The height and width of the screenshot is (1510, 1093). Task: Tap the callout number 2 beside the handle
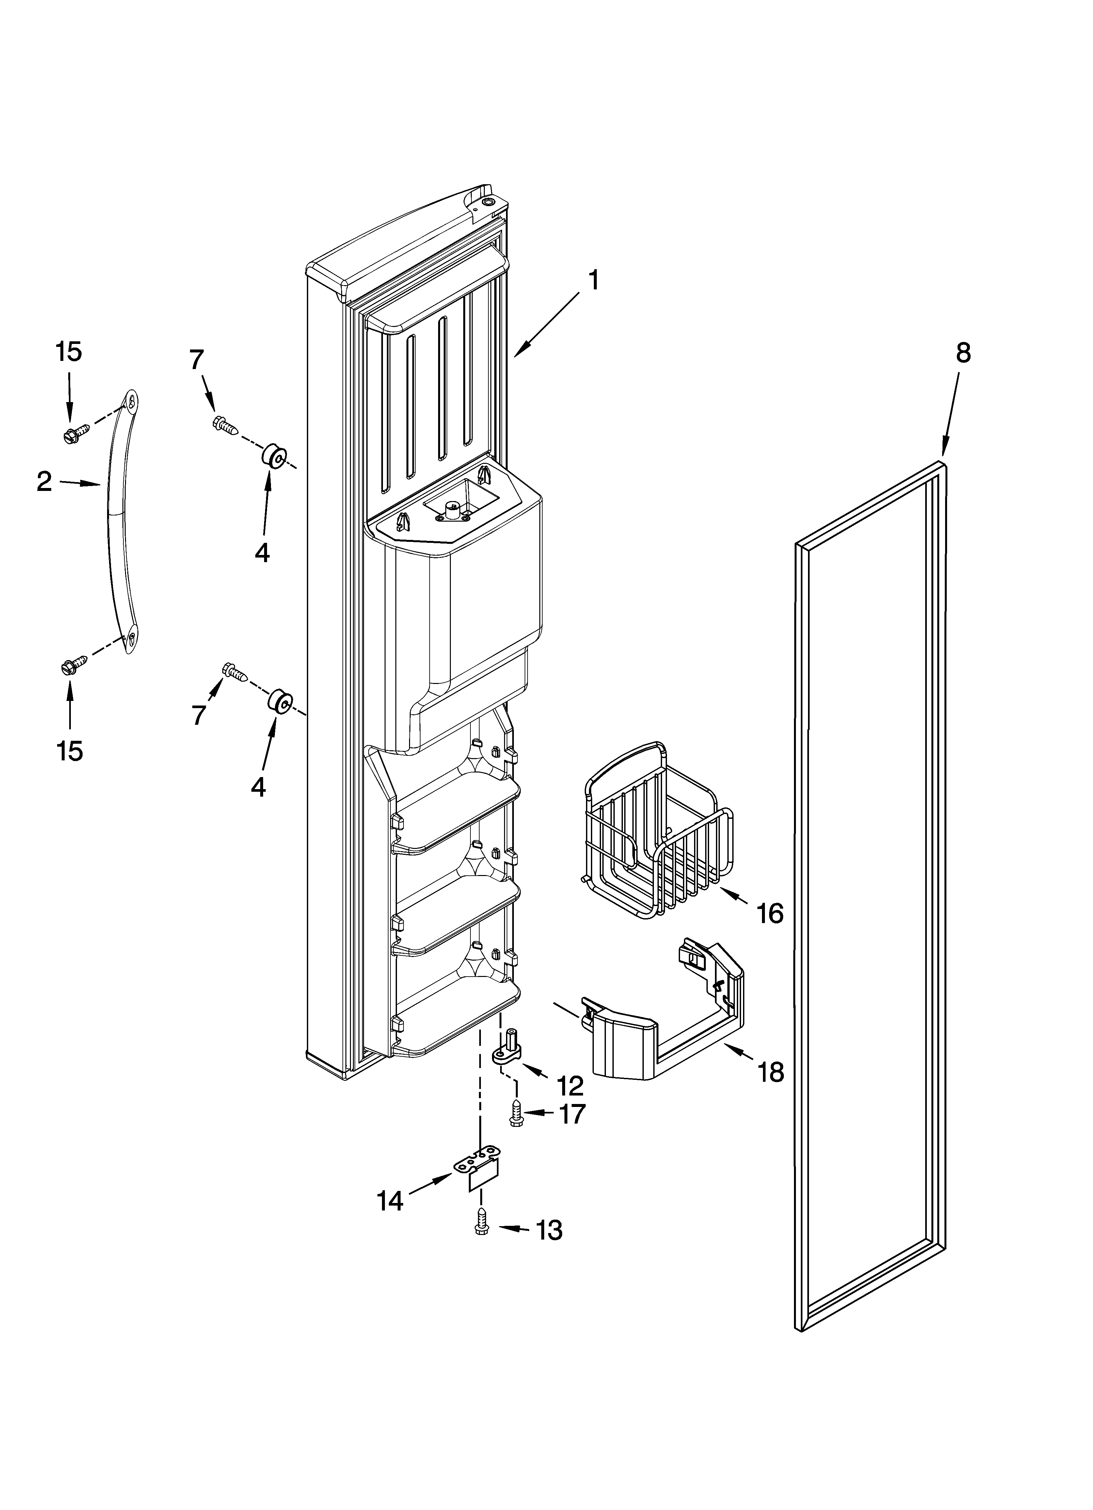44,481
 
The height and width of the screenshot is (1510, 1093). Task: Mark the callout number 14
390,1200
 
